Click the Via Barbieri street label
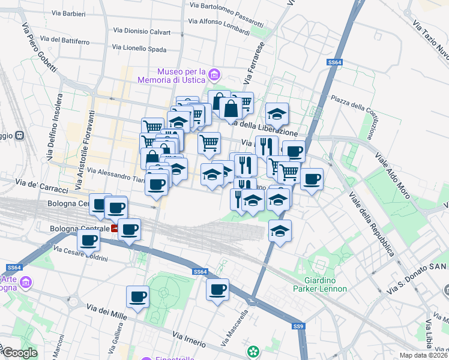[x=68, y=13]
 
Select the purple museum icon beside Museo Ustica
[x=214, y=75]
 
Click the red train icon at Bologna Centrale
[x=115, y=229]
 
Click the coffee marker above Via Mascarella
[x=218, y=290]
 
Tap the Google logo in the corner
[x=20, y=353]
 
